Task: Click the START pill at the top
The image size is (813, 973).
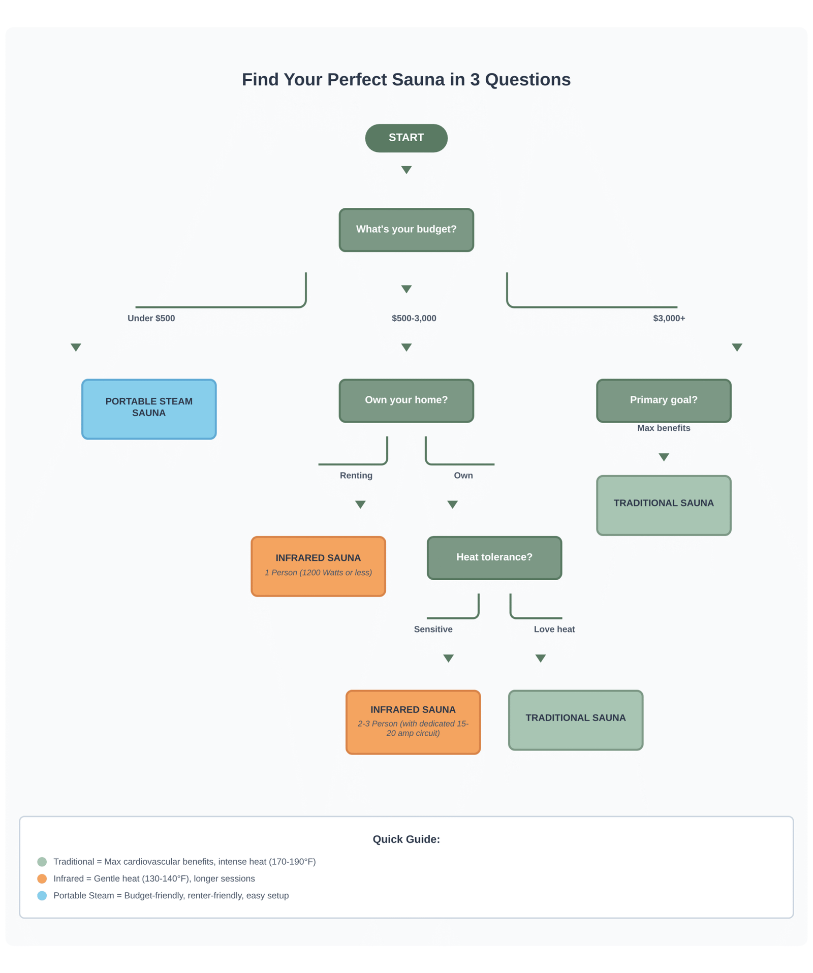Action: pyautogui.click(x=406, y=138)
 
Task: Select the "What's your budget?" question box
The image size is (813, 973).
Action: pyautogui.click(x=406, y=230)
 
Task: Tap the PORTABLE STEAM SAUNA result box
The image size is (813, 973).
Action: pyautogui.click(x=149, y=409)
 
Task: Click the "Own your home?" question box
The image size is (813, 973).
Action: pyautogui.click(x=406, y=400)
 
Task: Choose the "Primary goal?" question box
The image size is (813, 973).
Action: pyautogui.click(x=663, y=400)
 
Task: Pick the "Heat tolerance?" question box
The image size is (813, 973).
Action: pyautogui.click(x=494, y=557)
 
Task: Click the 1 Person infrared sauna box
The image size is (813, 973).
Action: pyautogui.click(x=318, y=566)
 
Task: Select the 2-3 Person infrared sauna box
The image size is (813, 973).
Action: pyautogui.click(x=413, y=721)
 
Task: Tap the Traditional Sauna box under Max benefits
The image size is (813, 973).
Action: pyautogui.click(x=663, y=505)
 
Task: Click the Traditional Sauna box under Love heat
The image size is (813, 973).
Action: pyautogui.click(x=575, y=719)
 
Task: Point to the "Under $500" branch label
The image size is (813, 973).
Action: pyautogui.click(x=151, y=318)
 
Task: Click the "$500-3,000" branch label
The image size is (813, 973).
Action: pyautogui.click(x=414, y=318)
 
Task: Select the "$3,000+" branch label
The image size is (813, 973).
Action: pyautogui.click(x=669, y=318)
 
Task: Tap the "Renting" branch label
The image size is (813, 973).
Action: pyautogui.click(x=356, y=475)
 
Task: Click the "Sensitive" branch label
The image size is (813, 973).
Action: pyautogui.click(x=433, y=629)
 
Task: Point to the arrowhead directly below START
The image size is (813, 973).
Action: pyautogui.click(x=406, y=169)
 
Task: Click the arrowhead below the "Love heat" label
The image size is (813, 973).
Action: pyautogui.click(x=540, y=658)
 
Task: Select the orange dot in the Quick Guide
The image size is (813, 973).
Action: pyautogui.click(x=42, y=878)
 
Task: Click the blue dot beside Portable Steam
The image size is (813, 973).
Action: pyautogui.click(x=42, y=895)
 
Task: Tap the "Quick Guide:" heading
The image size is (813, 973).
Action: pyautogui.click(x=406, y=839)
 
